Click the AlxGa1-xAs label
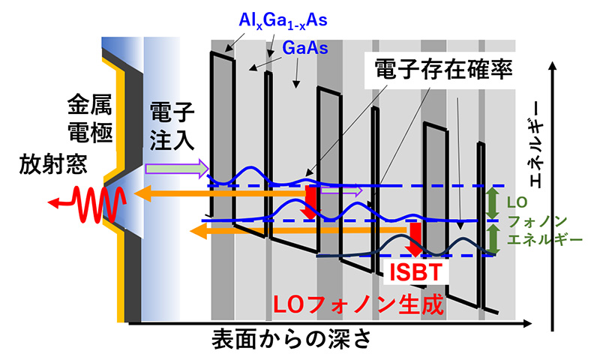point(283,21)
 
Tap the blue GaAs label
point(305,48)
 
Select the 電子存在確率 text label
point(442,70)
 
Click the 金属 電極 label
point(90,118)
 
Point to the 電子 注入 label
point(172,126)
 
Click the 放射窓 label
point(53,163)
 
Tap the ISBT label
point(416,272)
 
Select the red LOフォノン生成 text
point(358,304)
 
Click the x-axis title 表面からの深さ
point(292,339)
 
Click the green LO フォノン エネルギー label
point(544,221)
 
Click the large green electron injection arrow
point(177,168)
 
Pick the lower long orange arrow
point(299,230)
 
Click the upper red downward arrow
point(310,202)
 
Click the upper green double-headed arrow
point(493,203)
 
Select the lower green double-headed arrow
point(493,239)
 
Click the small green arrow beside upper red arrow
point(341,190)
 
